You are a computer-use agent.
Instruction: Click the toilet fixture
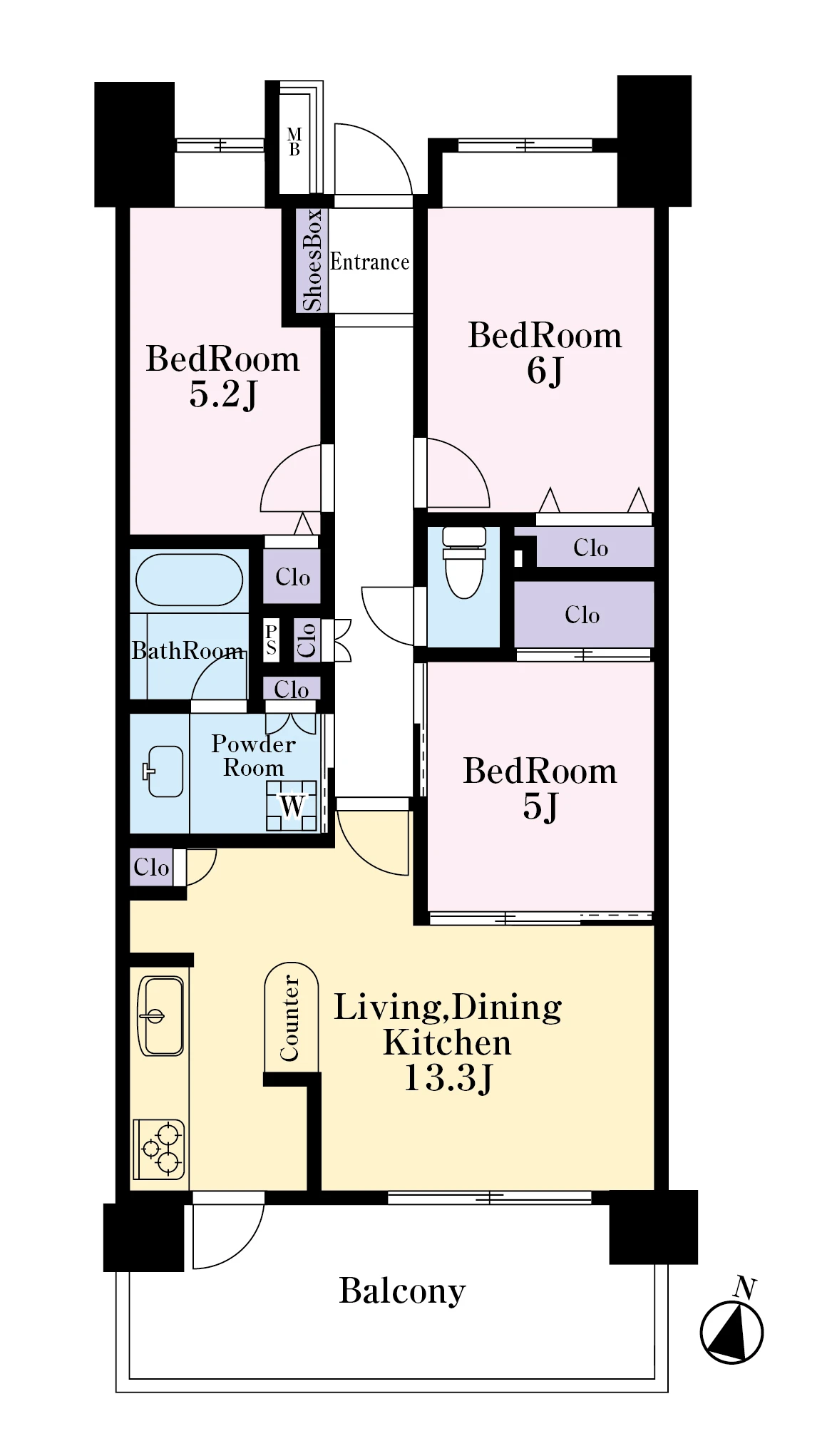pyautogui.click(x=464, y=562)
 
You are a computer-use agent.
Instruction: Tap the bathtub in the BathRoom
pyautogui.click(x=189, y=580)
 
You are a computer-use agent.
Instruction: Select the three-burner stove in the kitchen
pyautogui.click(x=160, y=1149)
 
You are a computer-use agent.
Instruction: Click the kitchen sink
pyautogui.click(x=160, y=1015)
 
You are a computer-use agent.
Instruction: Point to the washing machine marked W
pyautogui.click(x=292, y=806)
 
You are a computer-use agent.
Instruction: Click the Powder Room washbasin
pyautogui.click(x=163, y=771)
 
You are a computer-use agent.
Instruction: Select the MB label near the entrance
pyautogui.click(x=294, y=142)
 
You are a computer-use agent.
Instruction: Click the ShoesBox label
pyautogui.click(x=312, y=260)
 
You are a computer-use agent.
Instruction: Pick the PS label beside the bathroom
pyautogui.click(x=271, y=640)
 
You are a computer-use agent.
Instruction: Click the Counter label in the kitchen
pyautogui.click(x=289, y=1017)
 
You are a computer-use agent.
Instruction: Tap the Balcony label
pyautogui.click(x=402, y=1291)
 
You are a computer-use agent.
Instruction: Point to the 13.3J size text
pyautogui.click(x=448, y=1078)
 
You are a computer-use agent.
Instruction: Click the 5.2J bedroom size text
pyautogui.click(x=223, y=394)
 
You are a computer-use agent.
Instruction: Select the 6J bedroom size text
pyautogui.click(x=545, y=371)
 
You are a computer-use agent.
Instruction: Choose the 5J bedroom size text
pyautogui.click(x=540, y=806)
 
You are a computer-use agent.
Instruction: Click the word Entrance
pyautogui.click(x=369, y=262)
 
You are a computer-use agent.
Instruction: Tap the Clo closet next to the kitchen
pyautogui.click(x=151, y=867)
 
